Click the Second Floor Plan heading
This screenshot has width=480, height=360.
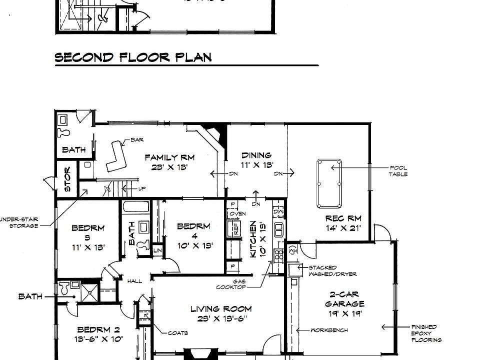[133, 57]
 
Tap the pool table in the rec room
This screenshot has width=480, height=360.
[329, 183]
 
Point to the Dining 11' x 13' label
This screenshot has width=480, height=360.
[257, 160]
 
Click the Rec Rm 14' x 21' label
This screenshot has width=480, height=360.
[343, 223]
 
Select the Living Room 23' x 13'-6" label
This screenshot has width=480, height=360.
[220, 313]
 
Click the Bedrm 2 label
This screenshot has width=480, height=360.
[98, 334]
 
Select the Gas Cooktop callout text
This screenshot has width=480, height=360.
[231, 284]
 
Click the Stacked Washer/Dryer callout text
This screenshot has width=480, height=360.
[329, 271]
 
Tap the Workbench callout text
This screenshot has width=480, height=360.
[329, 330]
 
